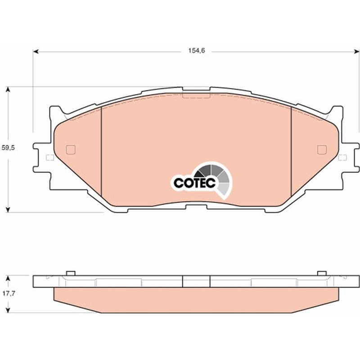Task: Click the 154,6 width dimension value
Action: [x=197, y=51]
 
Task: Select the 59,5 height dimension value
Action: [x=8, y=148]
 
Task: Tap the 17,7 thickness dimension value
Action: [x=9, y=294]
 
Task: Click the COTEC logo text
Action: [x=195, y=183]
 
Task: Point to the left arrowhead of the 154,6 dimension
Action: [x=36, y=52]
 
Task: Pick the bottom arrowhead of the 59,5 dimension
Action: [x=8, y=210]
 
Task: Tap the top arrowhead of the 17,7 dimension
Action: [x=8, y=278]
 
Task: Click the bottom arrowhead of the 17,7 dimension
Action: [x=8, y=310]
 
